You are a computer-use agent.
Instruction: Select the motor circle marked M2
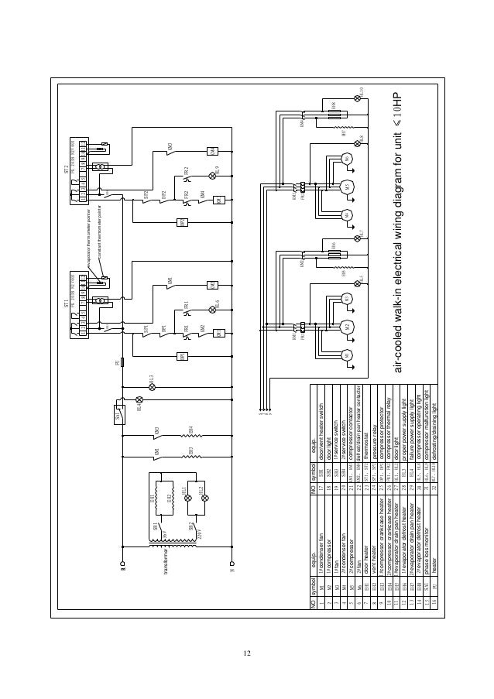click(346, 326)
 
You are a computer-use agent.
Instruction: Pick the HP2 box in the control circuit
click(184, 223)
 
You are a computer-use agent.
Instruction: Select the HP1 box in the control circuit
click(184, 356)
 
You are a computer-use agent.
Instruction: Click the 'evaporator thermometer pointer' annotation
click(87, 231)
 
